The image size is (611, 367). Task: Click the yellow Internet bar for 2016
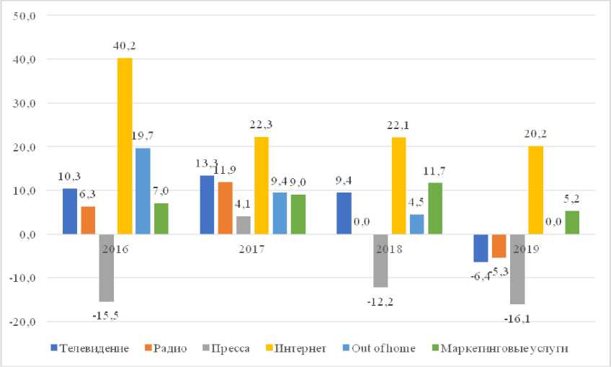124,146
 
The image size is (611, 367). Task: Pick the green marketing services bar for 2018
434,208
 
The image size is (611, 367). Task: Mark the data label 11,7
435,170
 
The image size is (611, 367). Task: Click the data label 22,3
261,125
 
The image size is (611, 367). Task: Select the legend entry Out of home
382,348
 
